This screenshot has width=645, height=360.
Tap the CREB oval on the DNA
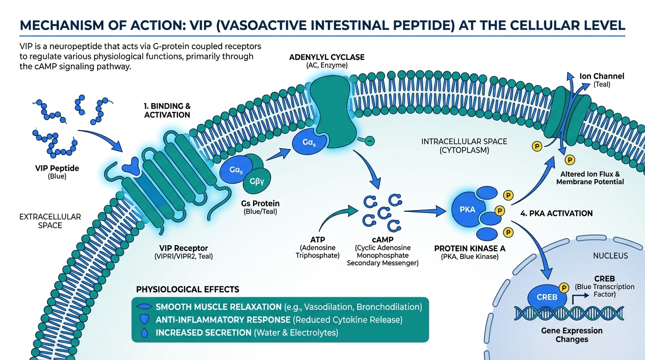click(547, 297)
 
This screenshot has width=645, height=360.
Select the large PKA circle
click(468, 210)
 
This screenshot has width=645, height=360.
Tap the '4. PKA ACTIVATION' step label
click(556, 213)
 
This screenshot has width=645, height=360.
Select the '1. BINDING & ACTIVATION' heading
click(167, 111)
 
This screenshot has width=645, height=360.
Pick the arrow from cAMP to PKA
click(424, 212)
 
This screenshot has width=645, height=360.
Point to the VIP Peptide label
click(58, 168)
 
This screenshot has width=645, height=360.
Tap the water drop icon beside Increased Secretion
click(144, 333)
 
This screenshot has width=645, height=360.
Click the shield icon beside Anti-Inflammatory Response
click(144, 320)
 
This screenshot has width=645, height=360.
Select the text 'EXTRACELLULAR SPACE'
click(50, 221)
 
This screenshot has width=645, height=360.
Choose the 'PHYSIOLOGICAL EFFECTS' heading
click(187, 289)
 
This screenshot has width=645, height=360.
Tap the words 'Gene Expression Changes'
click(571, 335)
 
